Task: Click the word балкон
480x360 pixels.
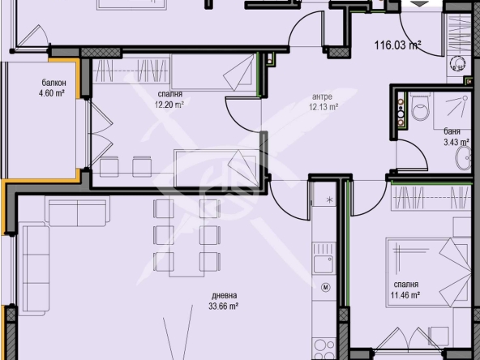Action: tap(54, 83)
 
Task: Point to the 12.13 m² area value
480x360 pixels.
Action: tap(323, 106)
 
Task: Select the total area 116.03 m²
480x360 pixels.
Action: tap(398, 45)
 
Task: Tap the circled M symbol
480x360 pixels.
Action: tap(326, 286)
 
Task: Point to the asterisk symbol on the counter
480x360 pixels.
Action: tap(329, 199)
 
